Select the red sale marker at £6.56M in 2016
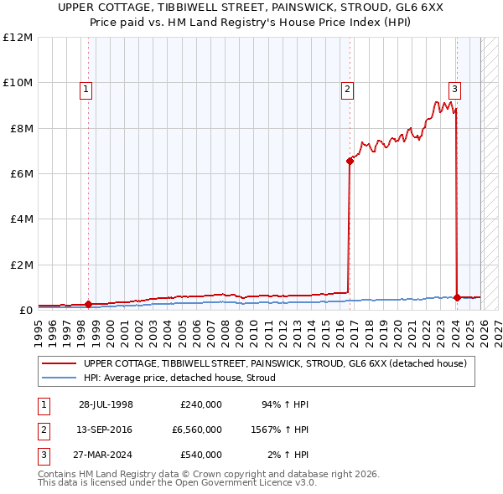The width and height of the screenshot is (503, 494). click(350, 161)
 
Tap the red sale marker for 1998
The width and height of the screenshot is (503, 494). click(89, 305)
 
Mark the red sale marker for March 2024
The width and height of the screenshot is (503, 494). click(457, 297)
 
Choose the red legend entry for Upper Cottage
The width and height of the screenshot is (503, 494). click(274, 363)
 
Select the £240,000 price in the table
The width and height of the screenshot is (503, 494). click(201, 404)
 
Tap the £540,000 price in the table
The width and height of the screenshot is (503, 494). click(201, 455)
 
